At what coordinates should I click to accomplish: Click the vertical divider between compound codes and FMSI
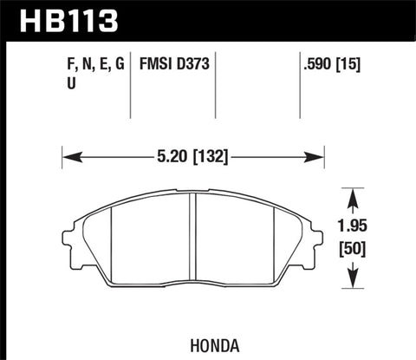point(130,87)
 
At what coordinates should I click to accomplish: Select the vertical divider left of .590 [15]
point(299,87)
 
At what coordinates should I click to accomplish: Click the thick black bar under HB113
point(208,38)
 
